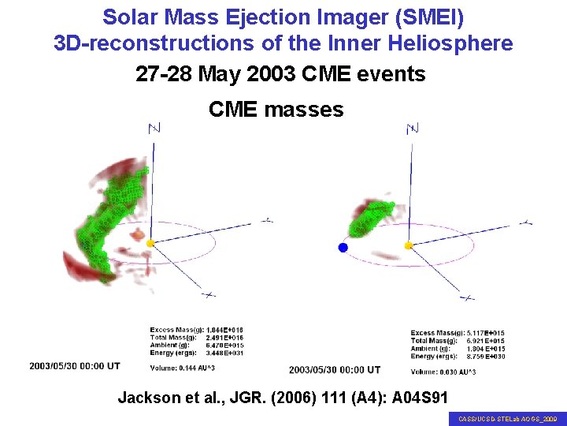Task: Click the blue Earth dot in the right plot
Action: point(343,248)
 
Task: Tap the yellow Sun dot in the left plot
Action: point(150,244)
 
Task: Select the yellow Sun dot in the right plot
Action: point(408,246)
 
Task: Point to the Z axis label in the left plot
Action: point(154,128)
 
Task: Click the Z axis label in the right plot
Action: point(412,128)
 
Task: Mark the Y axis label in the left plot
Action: point(268,220)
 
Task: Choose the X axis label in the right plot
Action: point(467,297)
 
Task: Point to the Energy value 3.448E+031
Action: point(225,353)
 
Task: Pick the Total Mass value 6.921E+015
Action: point(484,341)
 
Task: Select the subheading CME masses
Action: point(276,109)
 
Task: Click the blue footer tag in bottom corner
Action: point(507,420)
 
